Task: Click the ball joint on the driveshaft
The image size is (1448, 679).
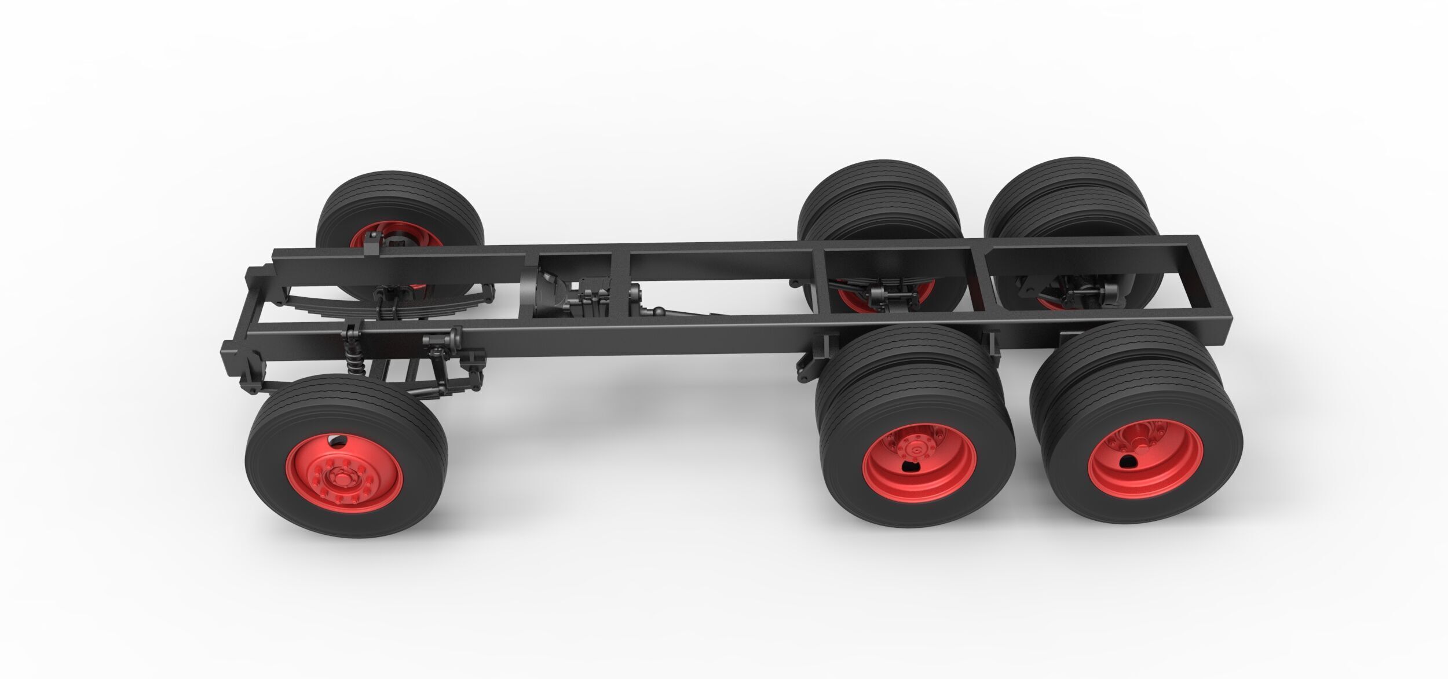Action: [x=659, y=313]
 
